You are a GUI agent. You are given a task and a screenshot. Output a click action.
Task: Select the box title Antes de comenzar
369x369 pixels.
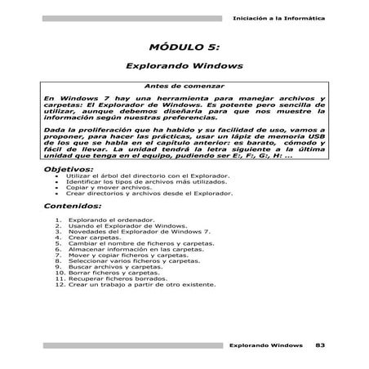pyautogui.click(x=184, y=86)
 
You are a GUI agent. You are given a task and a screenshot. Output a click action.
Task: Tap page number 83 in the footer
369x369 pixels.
pyautogui.click(x=320, y=346)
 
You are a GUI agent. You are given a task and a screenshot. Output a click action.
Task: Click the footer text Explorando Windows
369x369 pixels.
pyautogui.click(x=266, y=346)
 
